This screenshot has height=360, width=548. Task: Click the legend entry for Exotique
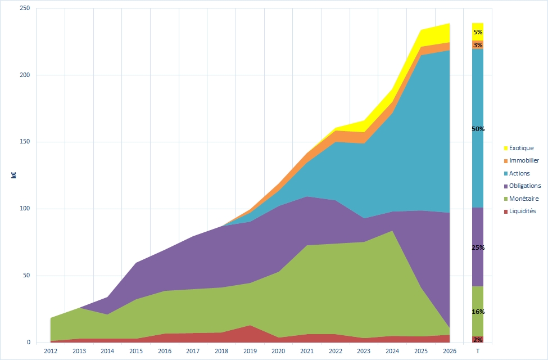(x=521, y=148)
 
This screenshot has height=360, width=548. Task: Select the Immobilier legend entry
(x=524, y=160)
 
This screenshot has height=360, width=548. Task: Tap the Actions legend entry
(x=519, y=173)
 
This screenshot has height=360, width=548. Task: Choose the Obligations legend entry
(x=524, y=186)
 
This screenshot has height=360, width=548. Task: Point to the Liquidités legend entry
(x=522, y=211)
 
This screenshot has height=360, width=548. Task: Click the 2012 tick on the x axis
(x=51, y=352)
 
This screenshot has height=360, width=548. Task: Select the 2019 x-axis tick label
(x=250, y=352)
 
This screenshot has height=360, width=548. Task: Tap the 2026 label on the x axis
(x=449, y=352)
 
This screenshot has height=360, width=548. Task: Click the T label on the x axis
(x=478, y=352)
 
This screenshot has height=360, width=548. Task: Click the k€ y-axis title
(x=13, y=175)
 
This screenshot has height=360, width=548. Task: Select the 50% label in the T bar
(x=478, y=129)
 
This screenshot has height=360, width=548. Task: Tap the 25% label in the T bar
(x=478, y=247)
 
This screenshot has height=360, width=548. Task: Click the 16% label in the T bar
(x=478, y=312)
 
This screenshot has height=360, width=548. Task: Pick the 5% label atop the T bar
(x=478, y=32)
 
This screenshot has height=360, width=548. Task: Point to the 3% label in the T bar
(x=478, y=45)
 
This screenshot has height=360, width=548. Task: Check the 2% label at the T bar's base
(x=478, y=340)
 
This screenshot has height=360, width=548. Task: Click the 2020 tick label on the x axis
(x=278, y=352)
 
